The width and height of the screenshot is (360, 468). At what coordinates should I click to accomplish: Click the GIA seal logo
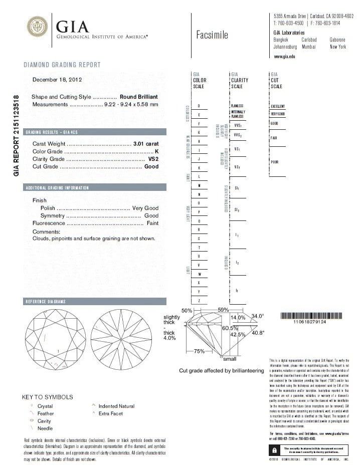[38, 26]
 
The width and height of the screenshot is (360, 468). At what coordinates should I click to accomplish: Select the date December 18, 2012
[57, 79]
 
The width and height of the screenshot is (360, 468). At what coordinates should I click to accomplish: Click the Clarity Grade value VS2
[153, 159]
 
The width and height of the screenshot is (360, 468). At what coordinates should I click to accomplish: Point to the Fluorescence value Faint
[152, 223]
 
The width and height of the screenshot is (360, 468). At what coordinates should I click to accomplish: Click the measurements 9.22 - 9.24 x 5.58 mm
[131, 104]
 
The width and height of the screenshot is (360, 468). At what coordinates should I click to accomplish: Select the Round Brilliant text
[139, 97]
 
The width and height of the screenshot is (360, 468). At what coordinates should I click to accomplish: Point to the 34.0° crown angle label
[258, 316]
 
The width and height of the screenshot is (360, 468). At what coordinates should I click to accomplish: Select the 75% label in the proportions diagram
[199, 352]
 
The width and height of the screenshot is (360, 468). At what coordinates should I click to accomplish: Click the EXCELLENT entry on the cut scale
[278, 106]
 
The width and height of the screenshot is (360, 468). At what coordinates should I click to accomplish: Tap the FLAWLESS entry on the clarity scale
[237, 106]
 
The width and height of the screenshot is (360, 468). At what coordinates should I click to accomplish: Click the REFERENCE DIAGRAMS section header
[46, 302]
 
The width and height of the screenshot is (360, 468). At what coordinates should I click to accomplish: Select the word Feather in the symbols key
[46, 413]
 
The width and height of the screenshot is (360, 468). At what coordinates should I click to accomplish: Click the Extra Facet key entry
[110, 413]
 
